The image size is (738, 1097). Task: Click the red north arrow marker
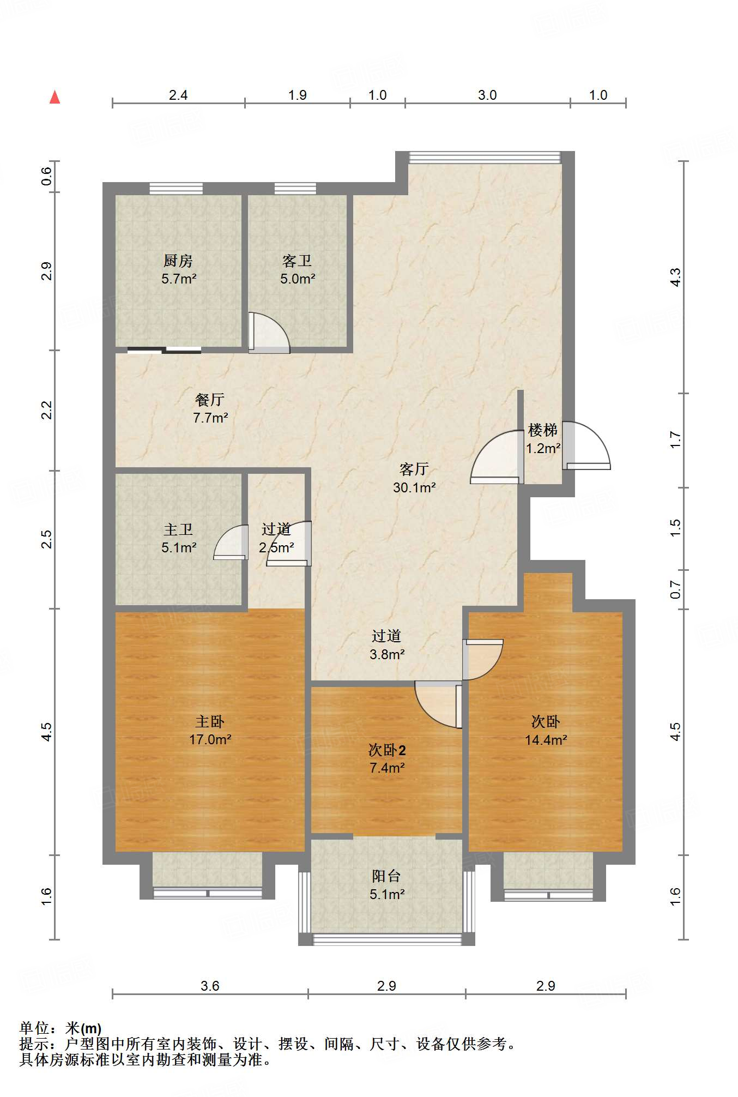point(55,97)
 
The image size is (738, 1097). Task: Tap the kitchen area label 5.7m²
point(178,279)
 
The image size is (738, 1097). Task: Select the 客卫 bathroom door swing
point(269,333)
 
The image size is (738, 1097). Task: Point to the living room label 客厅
point(414,469)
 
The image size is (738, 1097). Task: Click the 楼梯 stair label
point(543,430)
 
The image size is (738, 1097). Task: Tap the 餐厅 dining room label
point(210,400)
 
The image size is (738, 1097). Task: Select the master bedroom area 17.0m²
point(210,740)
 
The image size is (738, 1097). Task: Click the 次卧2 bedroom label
point(386,750)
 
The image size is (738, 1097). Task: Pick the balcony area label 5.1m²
point(386,894)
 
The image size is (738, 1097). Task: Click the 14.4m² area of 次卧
point(546,740)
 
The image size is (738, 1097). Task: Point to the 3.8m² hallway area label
point(386,654)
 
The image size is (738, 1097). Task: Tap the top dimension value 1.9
point(297,95)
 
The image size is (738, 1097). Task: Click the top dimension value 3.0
point(487,95)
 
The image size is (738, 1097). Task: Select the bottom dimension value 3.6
point(210,986)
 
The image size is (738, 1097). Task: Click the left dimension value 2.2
point(47,410)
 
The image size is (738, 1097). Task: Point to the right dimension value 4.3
point(675,277)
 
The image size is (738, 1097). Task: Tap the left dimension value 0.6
point(47,176)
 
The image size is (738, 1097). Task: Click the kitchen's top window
point(176,189)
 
